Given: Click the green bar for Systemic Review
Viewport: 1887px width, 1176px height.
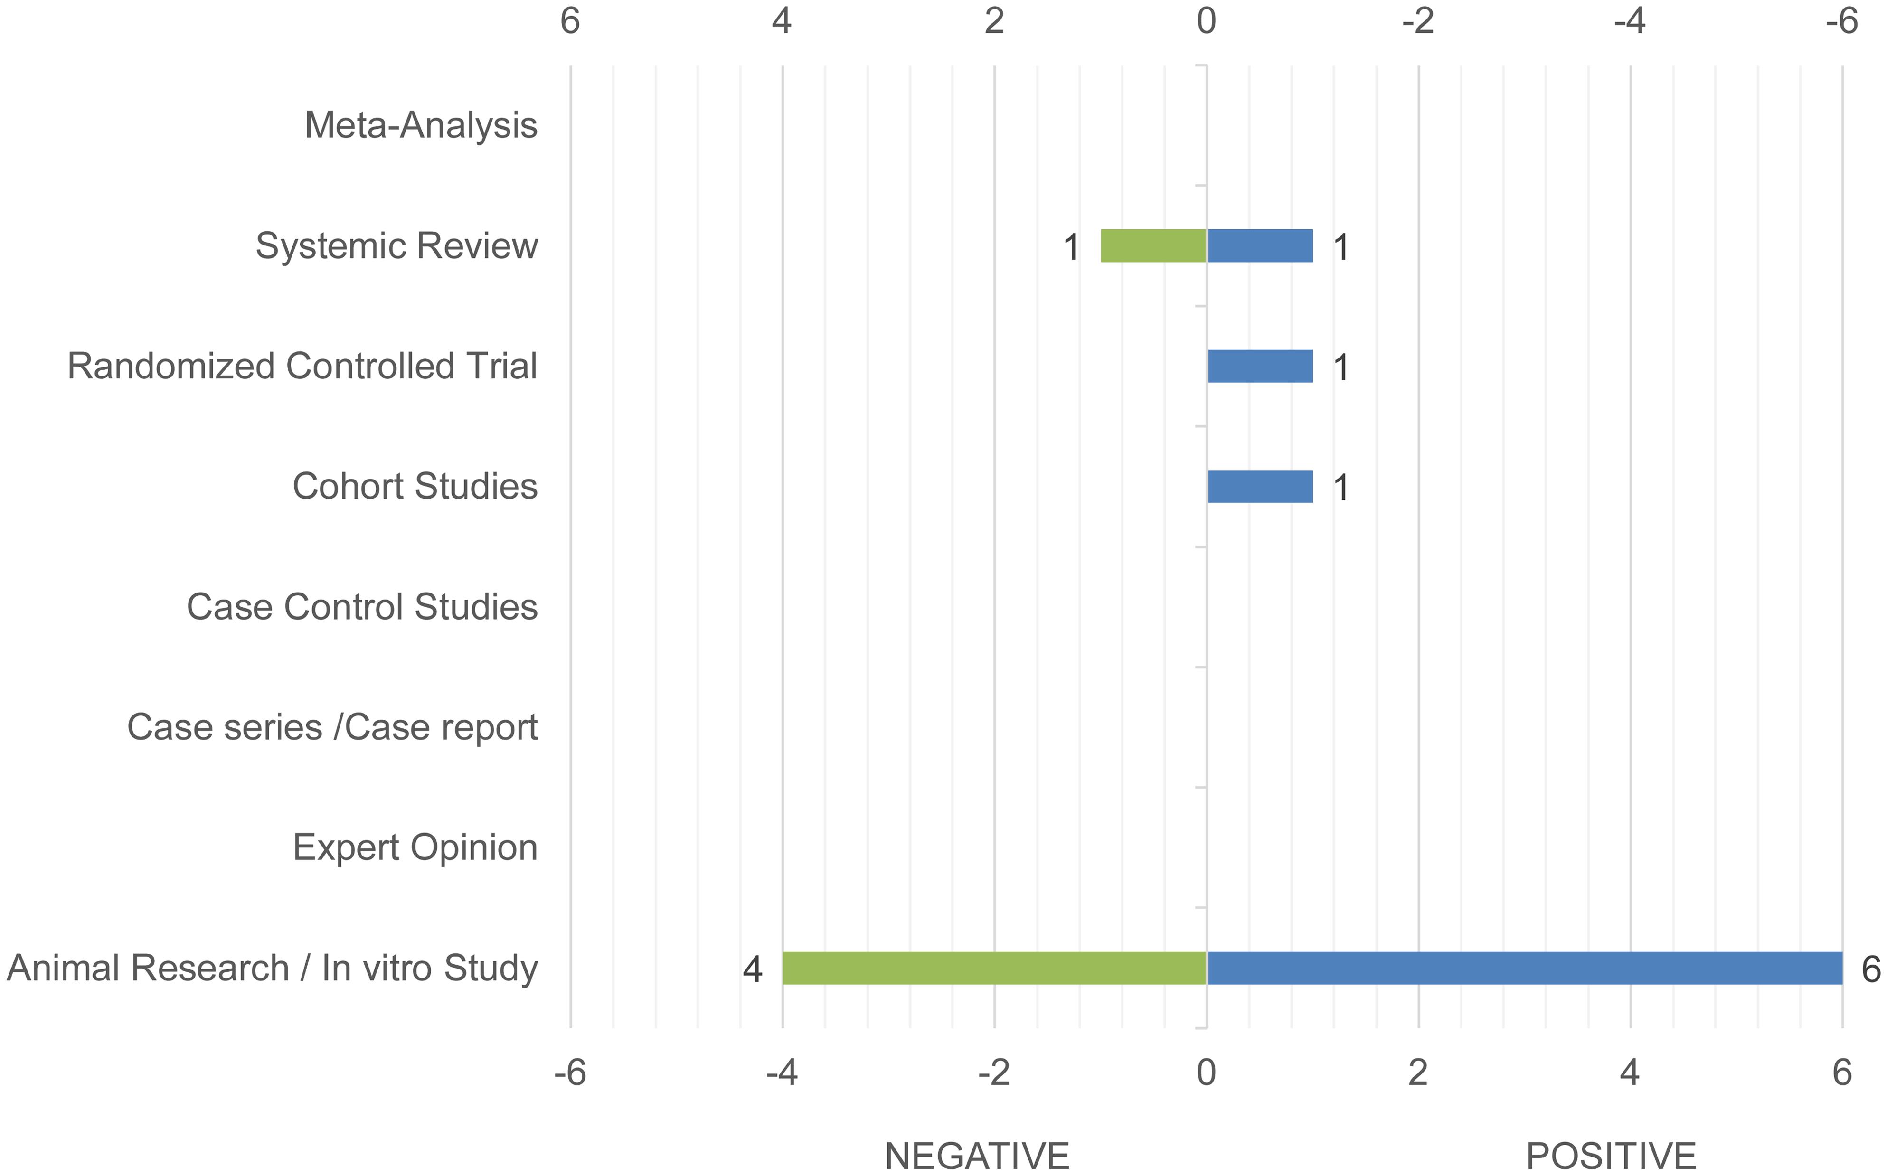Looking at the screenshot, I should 1153,246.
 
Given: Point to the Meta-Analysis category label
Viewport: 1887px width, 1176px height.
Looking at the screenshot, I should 421,125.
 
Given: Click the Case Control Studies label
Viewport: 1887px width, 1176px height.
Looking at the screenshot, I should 362,607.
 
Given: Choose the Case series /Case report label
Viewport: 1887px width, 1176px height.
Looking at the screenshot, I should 332,727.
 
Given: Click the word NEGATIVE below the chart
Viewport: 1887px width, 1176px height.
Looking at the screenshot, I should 977,1156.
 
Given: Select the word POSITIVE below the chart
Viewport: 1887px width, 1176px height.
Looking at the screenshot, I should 1611,1156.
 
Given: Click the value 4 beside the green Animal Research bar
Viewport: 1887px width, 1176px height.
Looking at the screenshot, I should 752,969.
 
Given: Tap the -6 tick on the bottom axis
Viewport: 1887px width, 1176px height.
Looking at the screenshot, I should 570,1073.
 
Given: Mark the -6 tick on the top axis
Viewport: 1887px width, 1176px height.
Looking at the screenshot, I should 1841,21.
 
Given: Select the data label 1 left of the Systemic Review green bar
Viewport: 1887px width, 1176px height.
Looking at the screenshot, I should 1071,247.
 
